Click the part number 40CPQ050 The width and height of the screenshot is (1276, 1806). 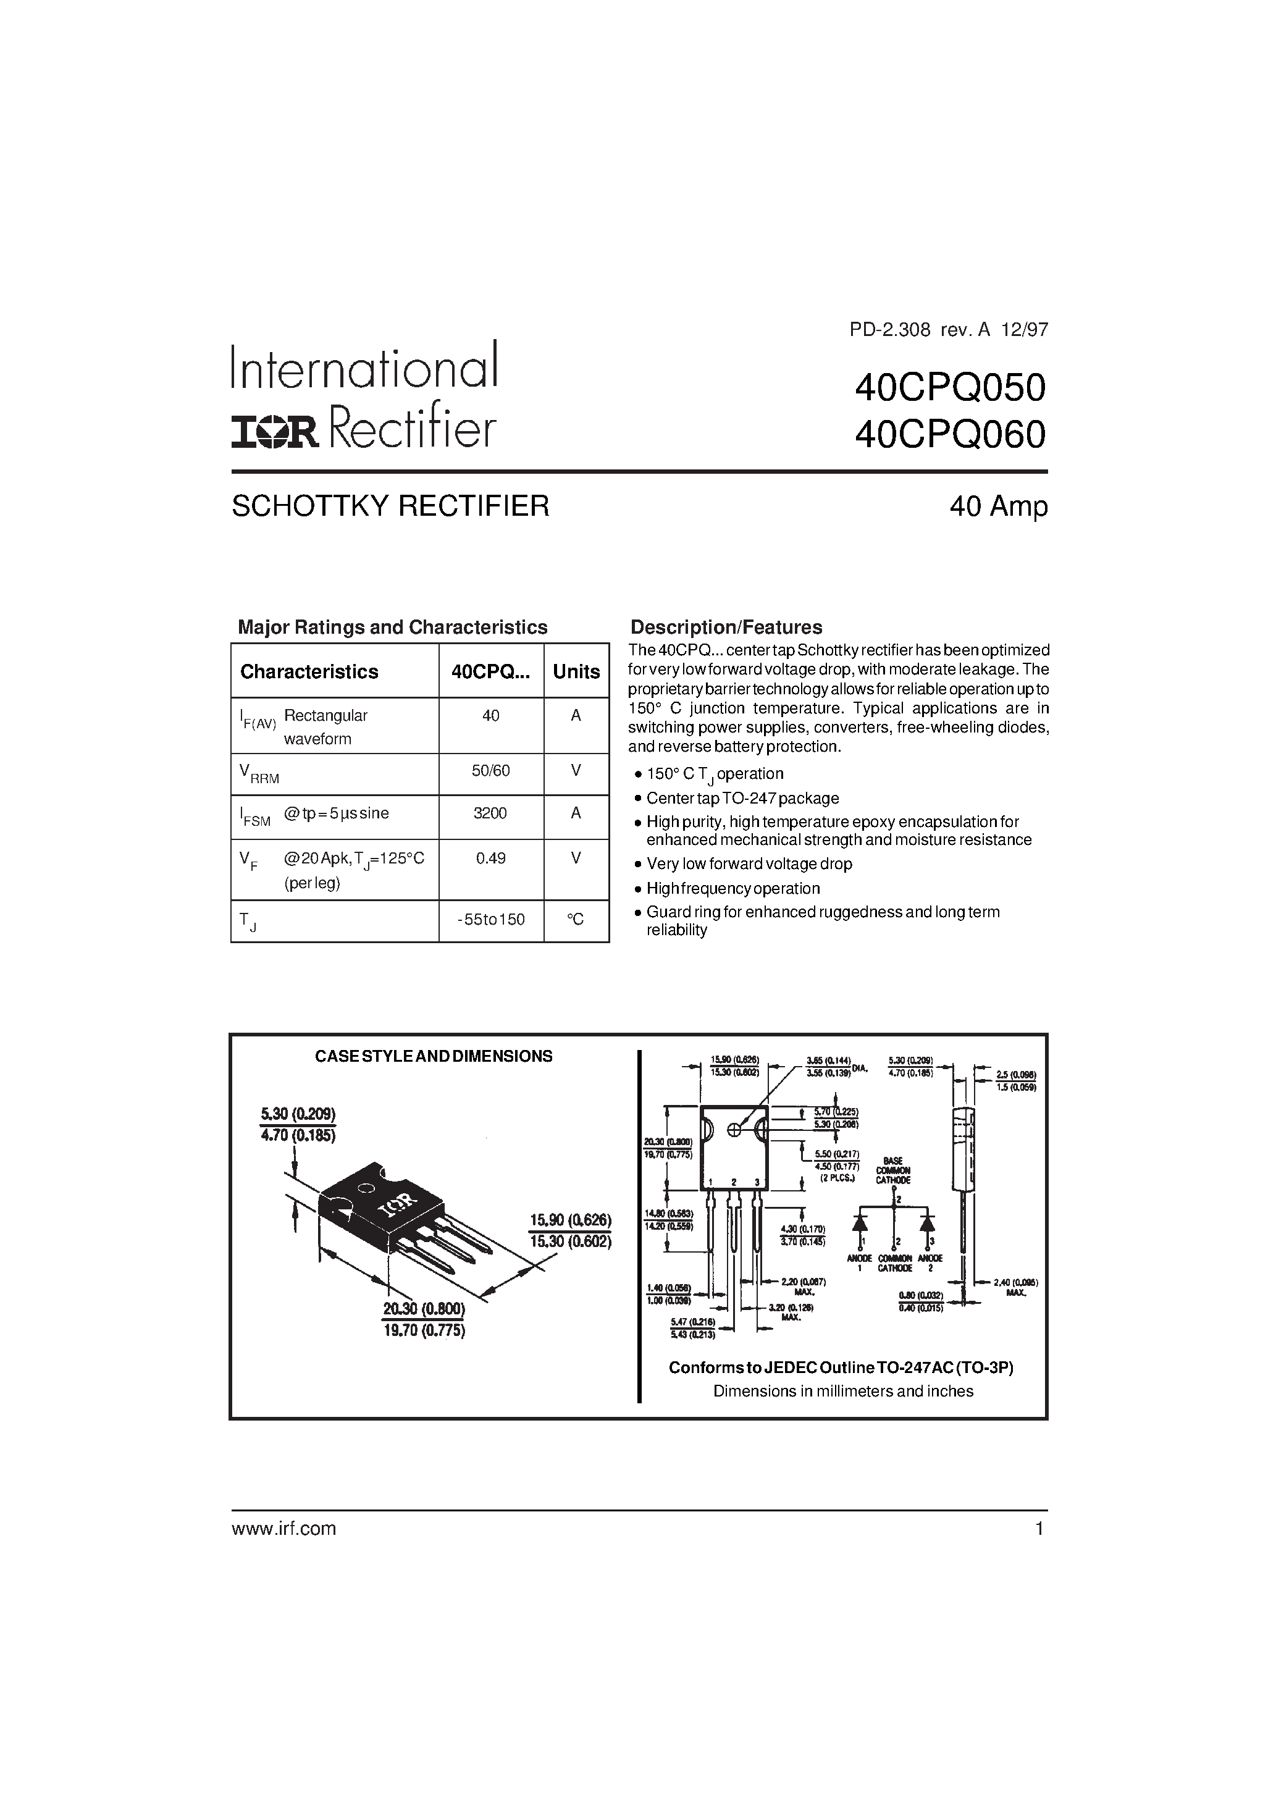[951, 388]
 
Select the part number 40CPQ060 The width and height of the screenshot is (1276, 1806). [951, 434]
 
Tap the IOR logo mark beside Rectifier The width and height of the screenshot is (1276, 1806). [274, 431]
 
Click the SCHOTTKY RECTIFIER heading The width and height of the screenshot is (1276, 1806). [390, 506]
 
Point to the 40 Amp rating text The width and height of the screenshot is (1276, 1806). [998, 506]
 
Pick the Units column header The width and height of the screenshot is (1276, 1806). [576, 672]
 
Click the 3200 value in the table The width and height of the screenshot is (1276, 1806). [490, 813]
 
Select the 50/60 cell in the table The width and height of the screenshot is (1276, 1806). [490, 771]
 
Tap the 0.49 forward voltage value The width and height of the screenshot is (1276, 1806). [490, 858]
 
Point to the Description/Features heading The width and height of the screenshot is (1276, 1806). [726, 627]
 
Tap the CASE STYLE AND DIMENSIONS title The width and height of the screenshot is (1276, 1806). [434, 1056]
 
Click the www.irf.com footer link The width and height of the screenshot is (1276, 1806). [284, 1528]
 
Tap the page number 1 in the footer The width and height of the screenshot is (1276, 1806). [1039, 1528]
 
